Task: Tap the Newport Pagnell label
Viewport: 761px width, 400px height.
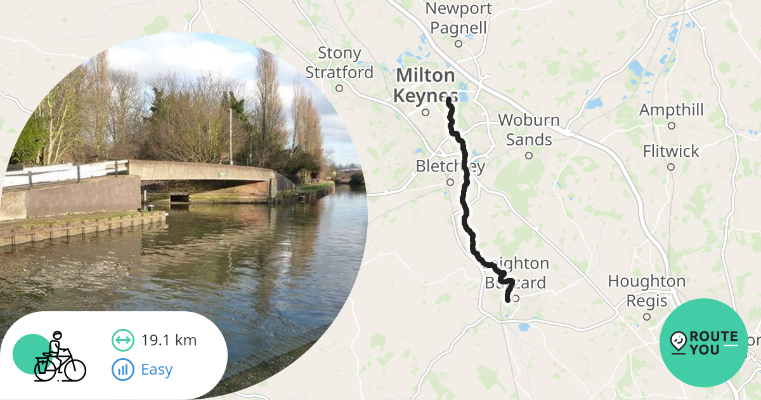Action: (459, 18)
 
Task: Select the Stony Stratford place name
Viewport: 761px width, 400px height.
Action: (339, 63)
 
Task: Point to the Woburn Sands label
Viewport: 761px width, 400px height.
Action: (529, 130)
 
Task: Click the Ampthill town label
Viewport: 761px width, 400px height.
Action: (671, 110)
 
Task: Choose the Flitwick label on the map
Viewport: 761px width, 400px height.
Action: (671, 151)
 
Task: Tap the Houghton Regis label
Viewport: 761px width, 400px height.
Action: (646, 290)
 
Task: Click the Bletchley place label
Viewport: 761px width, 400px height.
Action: (450, 166)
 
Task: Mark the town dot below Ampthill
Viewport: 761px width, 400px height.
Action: (671, 126)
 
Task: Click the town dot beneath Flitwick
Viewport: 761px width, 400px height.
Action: (671, 167)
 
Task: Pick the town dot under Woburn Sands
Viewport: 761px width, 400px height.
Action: (529, 155)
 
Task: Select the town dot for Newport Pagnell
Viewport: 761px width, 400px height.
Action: (459, 44)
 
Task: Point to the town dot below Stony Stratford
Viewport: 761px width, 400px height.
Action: (339, 88)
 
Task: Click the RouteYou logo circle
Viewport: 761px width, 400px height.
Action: (704, 343)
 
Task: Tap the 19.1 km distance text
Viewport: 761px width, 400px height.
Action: (169, 340)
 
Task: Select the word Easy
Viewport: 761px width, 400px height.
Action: (157, 370)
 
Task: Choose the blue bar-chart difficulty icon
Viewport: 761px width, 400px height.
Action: (123, 370)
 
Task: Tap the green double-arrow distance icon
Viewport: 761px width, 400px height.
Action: (123, 340)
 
